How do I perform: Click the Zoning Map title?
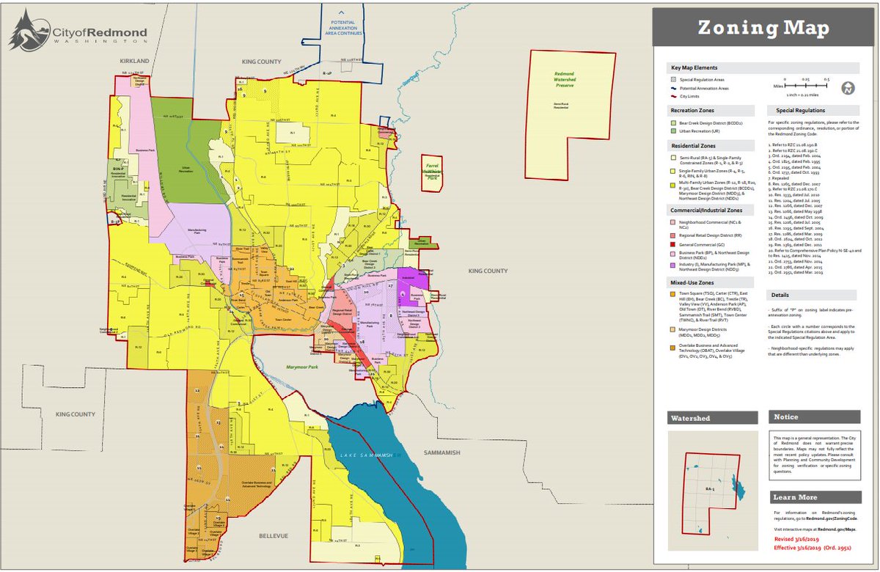point(763,29)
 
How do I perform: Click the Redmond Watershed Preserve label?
point(571,80)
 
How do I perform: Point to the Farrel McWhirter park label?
point(432,171)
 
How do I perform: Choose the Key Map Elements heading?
point(694,67)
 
